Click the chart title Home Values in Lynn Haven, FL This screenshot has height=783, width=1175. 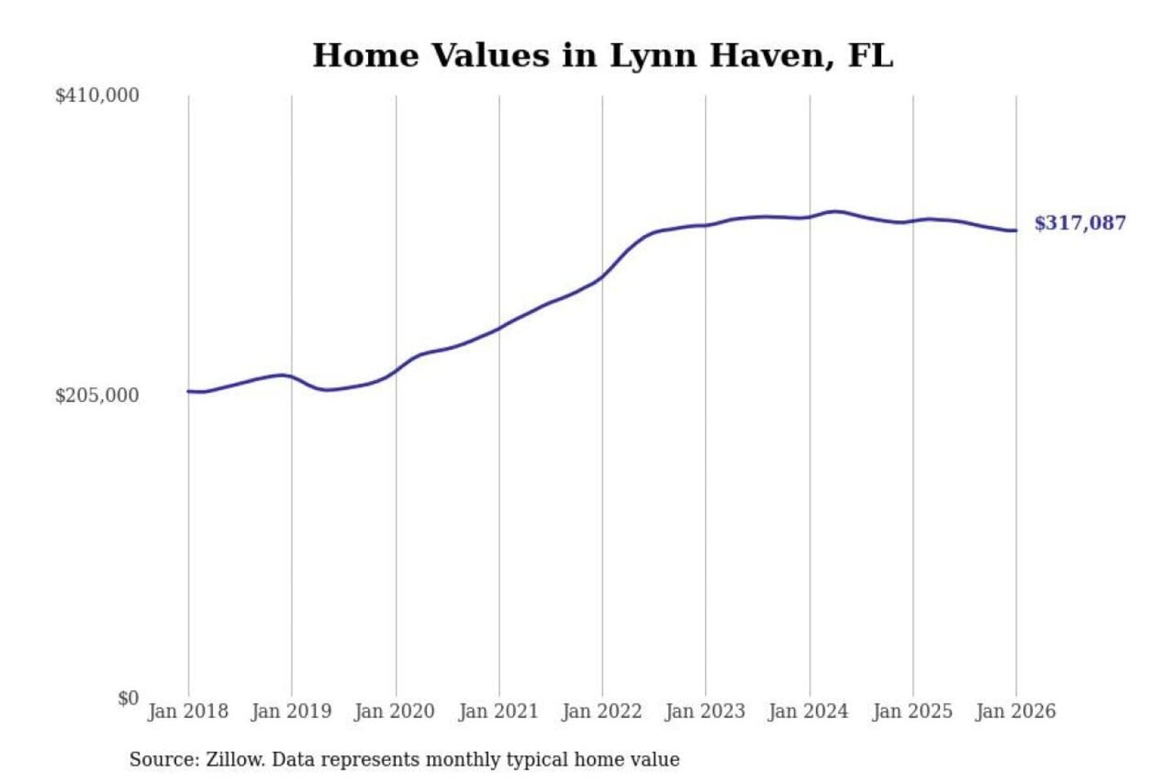pos(602,55)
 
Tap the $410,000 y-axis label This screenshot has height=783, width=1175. pos(97,95)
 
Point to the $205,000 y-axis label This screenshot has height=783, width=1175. pos(97,396)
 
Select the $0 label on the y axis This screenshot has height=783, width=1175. pos(128,698)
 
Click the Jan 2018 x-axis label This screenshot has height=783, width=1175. pos(188,711)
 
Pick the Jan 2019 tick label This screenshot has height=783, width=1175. pos(291,711)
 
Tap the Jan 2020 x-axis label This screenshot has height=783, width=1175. pos(395,711)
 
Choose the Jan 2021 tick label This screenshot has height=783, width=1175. pos(499,711)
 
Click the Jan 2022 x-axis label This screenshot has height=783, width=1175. pos(602,711)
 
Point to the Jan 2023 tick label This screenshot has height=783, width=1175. pos(706,711)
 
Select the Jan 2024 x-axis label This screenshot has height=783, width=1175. pos(809,711)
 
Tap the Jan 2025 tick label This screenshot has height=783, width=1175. pos(912,711)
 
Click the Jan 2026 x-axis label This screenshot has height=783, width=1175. pos(1016,711)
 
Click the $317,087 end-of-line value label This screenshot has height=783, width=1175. pos(1080,223)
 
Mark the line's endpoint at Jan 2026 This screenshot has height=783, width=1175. pos(1016,231)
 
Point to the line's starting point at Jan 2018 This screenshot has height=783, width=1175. pos(188,391)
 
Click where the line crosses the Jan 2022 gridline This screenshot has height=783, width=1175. pos(603,277)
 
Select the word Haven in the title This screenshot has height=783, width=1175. pos(771,55)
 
